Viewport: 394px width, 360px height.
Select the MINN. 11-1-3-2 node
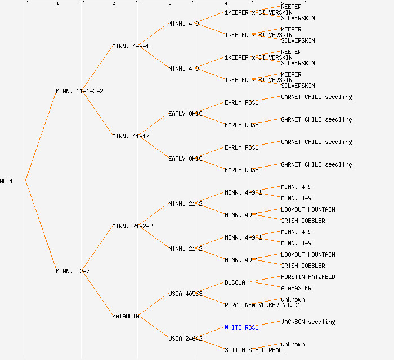[79, 91]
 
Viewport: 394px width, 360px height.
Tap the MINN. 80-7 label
[73, 271]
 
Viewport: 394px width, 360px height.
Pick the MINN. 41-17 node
[131, 136]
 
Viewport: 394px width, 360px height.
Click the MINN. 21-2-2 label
[132, 226]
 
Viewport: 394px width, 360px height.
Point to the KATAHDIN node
[126, 316]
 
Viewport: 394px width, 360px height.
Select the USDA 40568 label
[185, 294]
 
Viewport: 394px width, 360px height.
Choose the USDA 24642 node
[185, 339]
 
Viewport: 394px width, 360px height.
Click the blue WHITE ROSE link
[241, 327]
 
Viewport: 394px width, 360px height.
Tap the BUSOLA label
[235, 282]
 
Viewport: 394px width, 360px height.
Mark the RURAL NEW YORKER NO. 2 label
[262, 305]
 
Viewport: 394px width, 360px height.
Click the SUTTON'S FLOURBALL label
[255, 350]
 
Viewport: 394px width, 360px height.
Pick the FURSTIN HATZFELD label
[308, 277]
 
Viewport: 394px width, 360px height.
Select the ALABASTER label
[296, 288]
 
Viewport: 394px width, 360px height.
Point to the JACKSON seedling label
[308, 322]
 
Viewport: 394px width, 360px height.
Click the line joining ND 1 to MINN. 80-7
[41, 226]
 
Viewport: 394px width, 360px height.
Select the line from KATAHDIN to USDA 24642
[154, 327]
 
